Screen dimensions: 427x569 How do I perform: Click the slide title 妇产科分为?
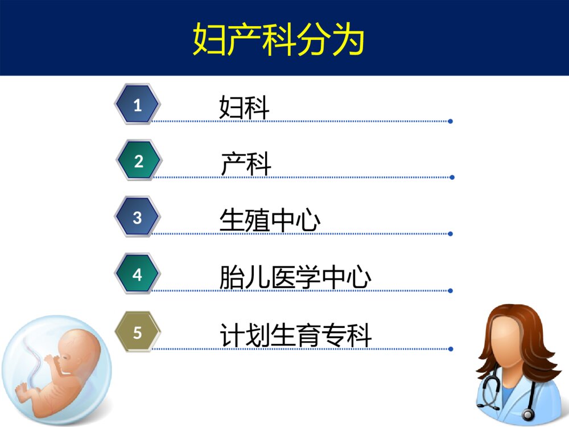(278, 39)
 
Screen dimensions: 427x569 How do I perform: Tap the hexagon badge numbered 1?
(137, 105)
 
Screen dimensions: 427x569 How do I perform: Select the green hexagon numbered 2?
(138, 161)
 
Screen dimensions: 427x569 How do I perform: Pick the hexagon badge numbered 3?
(137, 217)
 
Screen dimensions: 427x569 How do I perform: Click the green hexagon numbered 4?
(137, 274)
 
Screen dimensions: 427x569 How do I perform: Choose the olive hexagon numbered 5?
(137, 332)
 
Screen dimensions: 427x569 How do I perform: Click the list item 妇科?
(244, 107)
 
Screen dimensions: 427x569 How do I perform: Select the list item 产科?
(246, 164)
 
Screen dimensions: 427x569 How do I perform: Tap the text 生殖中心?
(270, 220)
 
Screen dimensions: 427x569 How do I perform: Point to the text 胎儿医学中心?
(295, 278)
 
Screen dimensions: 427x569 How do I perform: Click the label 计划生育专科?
(295, 335)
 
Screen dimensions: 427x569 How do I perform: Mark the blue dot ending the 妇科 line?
(450, 121)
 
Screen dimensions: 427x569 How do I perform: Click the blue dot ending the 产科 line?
(452, 177)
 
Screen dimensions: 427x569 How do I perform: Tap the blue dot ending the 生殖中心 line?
(450, 233)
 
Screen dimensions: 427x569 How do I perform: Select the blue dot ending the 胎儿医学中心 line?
(450, 290)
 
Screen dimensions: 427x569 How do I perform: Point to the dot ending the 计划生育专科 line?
(450, 348)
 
